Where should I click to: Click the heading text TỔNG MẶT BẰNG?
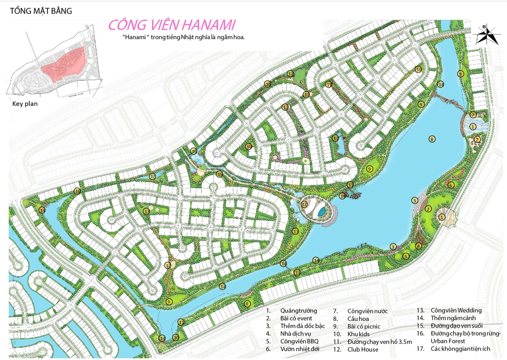point(41,11)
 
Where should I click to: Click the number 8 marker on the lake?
point(432,139)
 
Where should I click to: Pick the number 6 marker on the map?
point(451,185)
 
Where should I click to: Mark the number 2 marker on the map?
point(428,209)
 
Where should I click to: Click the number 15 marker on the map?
point(219,174)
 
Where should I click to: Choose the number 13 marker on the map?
point(295,231)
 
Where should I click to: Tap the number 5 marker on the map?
point(406,257)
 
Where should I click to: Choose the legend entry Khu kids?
point(359,334)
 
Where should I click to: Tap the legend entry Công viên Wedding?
point(456,310)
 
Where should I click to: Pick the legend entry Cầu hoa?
point(358,318)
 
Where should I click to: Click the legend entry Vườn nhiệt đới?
point(302,349)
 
